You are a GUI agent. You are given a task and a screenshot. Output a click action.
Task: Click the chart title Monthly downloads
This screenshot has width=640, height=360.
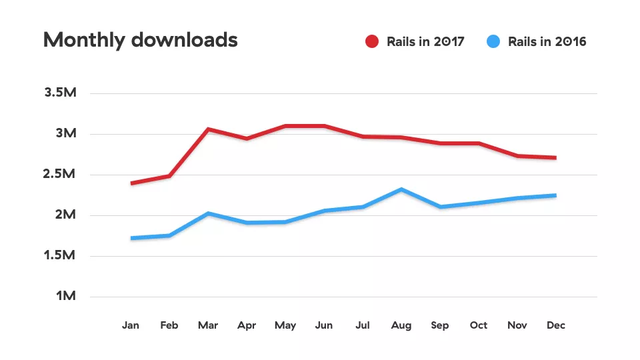140,40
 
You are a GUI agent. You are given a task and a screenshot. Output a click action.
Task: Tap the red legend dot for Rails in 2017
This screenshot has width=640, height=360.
372,41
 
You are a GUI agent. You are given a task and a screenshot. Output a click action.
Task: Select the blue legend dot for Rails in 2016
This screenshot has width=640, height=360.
493,41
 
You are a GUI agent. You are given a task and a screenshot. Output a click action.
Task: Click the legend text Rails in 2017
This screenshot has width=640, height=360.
425,41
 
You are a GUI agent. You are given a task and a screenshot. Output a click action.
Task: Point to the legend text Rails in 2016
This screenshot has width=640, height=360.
547,41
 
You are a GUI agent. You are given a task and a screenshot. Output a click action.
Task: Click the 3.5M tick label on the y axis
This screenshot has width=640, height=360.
61,93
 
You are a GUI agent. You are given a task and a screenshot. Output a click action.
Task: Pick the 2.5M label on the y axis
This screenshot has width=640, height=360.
61,175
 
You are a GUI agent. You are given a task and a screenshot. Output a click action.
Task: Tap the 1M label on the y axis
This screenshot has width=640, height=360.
65,296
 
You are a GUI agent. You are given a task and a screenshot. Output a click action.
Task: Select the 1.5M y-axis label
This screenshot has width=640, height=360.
61,255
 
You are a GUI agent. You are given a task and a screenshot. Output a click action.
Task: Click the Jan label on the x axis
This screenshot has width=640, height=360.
131,325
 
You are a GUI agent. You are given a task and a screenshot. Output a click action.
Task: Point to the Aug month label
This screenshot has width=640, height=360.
401,325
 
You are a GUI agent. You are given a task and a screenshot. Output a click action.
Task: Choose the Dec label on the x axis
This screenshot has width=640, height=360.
555,325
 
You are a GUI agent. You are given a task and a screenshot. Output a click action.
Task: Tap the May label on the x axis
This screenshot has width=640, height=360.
285,325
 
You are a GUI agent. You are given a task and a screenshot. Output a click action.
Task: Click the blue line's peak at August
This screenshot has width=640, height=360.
401,189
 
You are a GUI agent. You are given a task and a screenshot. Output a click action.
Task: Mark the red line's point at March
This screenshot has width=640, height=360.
208,129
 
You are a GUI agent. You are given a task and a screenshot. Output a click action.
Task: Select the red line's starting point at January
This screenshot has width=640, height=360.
131,183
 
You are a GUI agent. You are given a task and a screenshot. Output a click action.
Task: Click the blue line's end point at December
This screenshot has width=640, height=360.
555,195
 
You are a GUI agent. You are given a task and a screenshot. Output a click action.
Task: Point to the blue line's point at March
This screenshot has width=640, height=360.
208,213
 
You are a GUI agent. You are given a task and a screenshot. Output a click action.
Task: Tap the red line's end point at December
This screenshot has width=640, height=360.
555,158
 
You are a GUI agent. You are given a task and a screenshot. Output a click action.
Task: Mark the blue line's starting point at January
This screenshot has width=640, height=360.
131,238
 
